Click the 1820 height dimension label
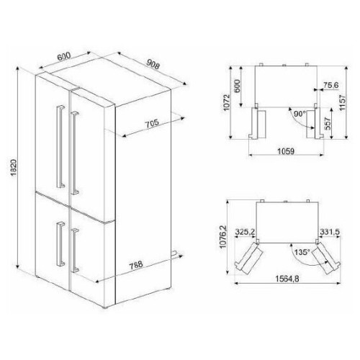14,168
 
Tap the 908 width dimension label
153,64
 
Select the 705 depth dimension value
152,123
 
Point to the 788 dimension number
136,265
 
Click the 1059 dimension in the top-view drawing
286,151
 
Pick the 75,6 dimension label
330,85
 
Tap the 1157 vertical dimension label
342,102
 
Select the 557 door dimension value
328,123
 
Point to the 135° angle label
302,252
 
